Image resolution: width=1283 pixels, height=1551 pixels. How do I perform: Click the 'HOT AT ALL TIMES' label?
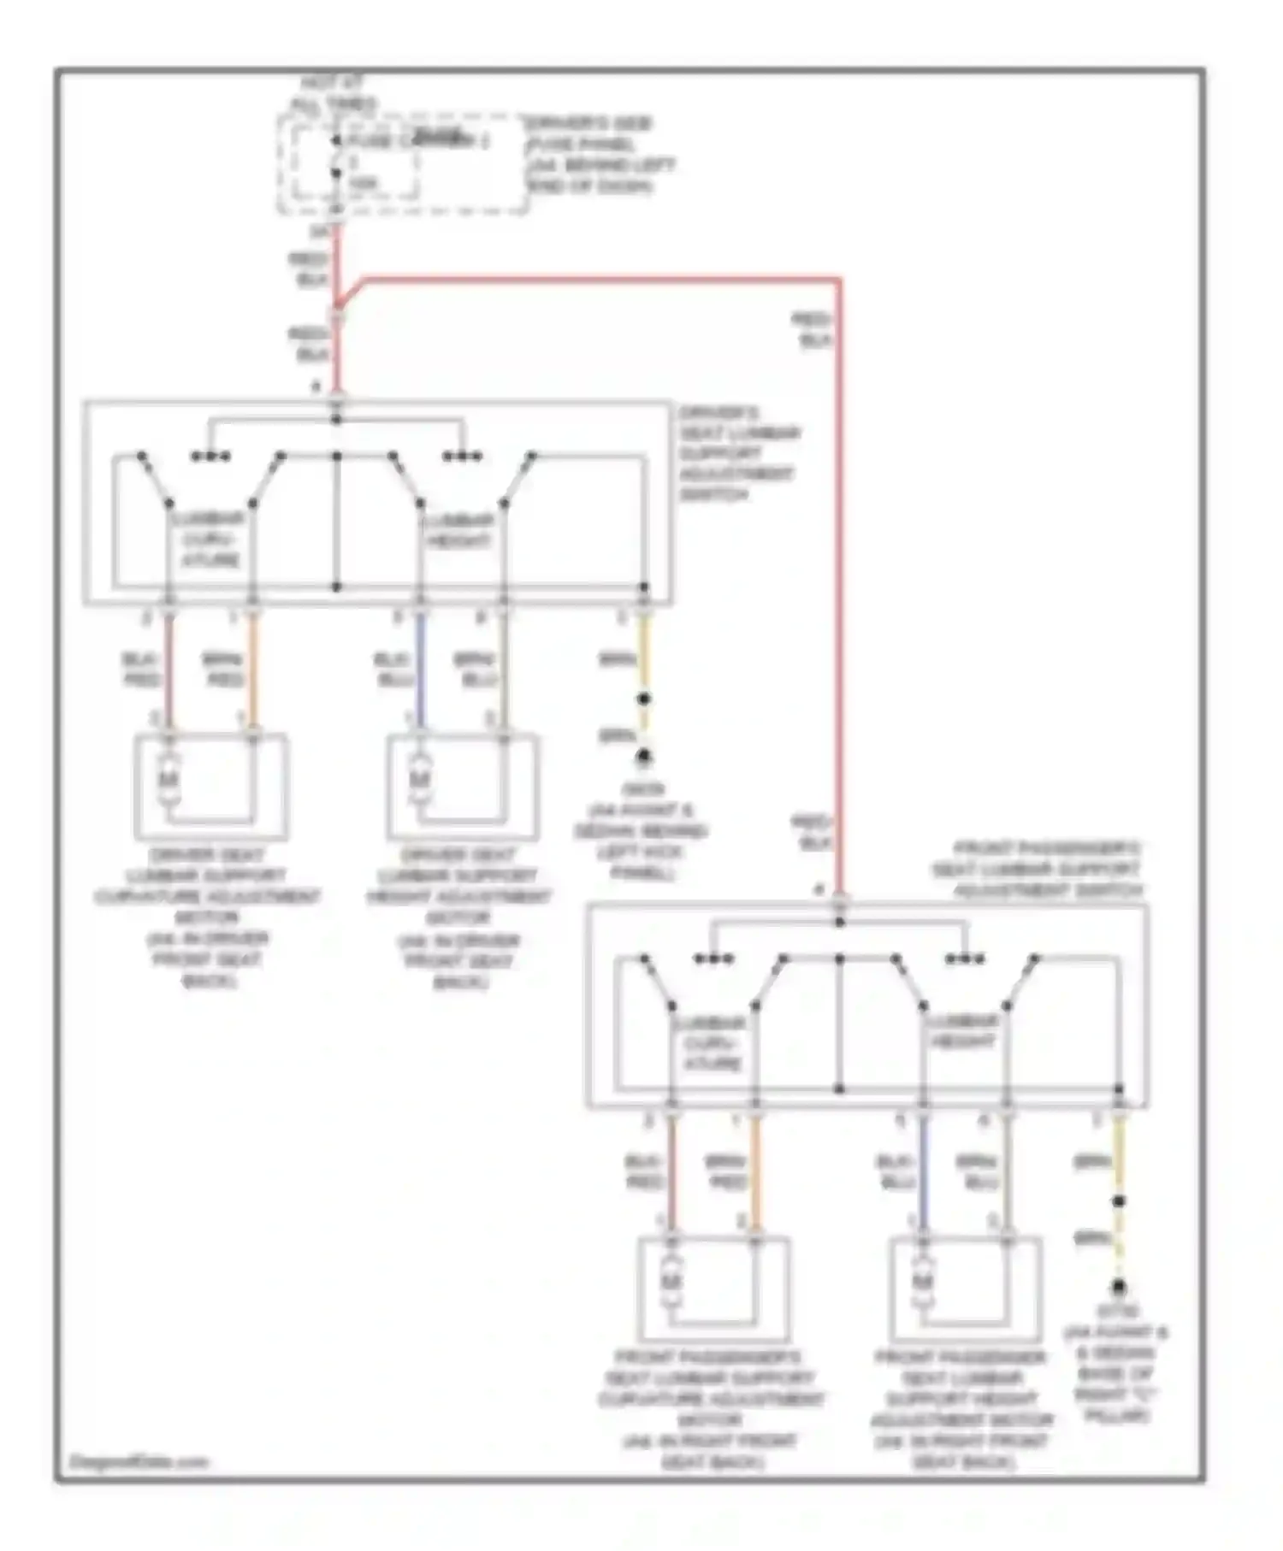tap(333, 94)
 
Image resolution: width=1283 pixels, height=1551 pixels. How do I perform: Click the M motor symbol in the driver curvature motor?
tap(169, 779)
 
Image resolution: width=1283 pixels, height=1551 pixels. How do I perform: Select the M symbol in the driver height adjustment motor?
tap(419, 779)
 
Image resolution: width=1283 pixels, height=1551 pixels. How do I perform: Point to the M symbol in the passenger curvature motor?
tap(671, 1282)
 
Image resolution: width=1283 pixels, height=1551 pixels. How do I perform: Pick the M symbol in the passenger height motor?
tap(922, 1282)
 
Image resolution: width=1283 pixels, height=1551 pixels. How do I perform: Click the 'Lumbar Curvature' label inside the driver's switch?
tap(209, 540)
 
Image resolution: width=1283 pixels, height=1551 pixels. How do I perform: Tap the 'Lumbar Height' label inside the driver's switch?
tap(459, 530)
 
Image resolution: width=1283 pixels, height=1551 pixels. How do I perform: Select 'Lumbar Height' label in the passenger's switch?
tap(963, 1032)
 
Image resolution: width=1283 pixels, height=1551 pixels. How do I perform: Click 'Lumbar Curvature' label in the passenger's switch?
tap(712, 1043)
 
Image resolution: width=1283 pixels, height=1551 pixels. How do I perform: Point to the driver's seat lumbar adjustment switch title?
tap(738, 453)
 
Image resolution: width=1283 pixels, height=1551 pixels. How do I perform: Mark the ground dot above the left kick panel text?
tap(644, 757)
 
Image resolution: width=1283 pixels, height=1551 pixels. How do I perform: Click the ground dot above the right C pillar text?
tap(1118, 1287)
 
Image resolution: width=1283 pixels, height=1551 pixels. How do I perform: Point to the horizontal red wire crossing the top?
tap(599, 279)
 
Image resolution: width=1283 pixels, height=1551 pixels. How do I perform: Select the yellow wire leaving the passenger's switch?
tap(1118, 1154)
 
